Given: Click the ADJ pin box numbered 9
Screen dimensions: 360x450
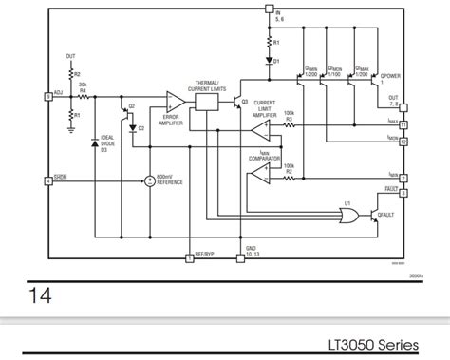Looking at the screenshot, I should pos(47,97).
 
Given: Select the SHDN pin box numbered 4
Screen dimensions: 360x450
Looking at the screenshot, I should pos(47,180).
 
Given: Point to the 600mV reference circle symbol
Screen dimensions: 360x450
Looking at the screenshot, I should pos(148,180).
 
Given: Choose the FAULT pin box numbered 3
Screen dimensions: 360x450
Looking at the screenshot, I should pos(403,193).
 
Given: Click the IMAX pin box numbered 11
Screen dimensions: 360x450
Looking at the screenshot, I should pos(403,124).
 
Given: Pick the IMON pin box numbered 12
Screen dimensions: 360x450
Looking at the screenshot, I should pos(403,142).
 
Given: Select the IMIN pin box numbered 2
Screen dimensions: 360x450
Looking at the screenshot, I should pos(403,178).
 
